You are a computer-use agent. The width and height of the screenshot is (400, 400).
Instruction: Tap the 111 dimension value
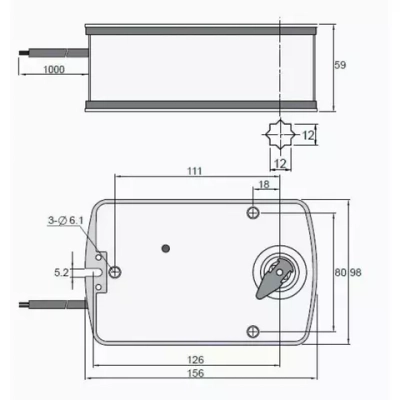(x=193, y=172)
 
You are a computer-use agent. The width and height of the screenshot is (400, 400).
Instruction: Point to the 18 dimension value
(x=264, y=186)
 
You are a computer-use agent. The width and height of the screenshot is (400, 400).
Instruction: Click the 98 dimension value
(x=355, y=271)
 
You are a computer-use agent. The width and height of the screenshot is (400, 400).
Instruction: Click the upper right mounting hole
(x=256, y=213)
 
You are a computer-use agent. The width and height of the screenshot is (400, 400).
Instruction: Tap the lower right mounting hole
(x=256, y=331)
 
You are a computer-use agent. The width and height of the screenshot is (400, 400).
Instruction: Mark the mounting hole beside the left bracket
(x=118, y=272)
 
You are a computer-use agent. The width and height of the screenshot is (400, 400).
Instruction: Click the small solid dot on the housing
(x=166, y=246)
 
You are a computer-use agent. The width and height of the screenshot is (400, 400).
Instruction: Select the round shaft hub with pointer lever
(x=277, y=270)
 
